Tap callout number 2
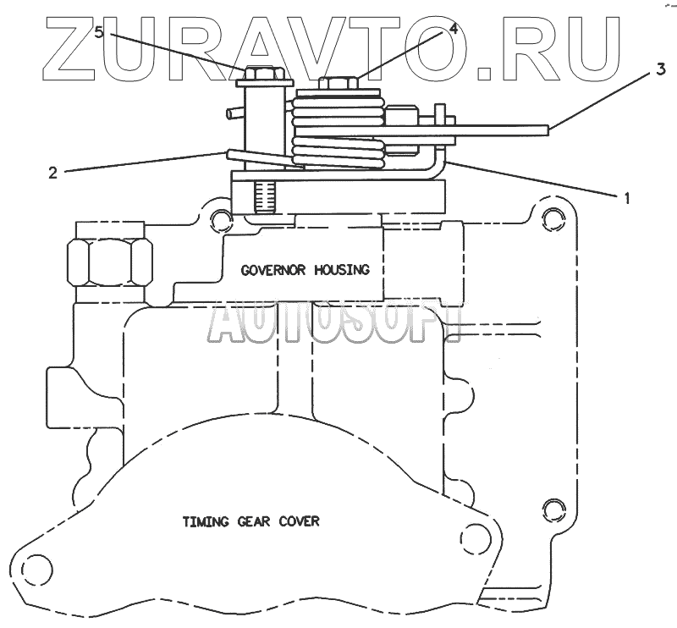click(52, 173)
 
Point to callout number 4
click(454, 28)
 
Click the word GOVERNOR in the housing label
click(275, 271)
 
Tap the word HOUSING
click(342, 271)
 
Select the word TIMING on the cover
click(206, 521)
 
